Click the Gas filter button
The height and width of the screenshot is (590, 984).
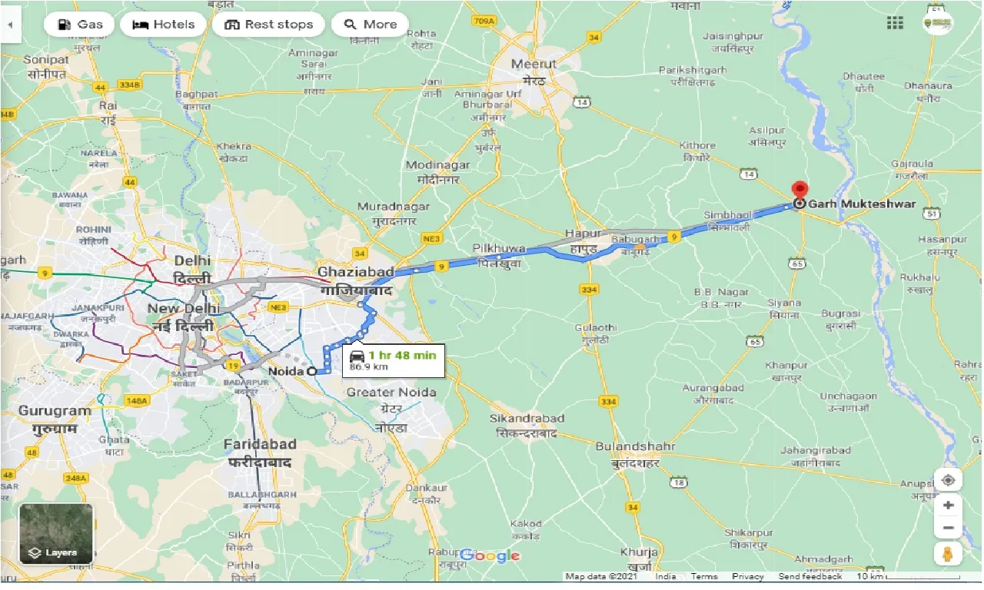coord(79,25)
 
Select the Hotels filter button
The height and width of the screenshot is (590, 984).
coord(163,25)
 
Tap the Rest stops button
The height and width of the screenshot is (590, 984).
coord(268,25)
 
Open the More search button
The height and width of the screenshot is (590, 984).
coord(370,25)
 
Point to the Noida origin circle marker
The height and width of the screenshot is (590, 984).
coord(311,371)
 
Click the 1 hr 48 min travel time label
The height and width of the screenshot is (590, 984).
coord(401,355)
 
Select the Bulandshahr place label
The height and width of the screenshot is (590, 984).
coord(636,446)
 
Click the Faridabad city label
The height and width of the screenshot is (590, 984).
coord(260,444)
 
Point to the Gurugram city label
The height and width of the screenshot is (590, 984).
coord(55,411)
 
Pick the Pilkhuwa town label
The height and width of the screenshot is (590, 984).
coord(499,248)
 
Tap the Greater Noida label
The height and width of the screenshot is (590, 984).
coord(391,393)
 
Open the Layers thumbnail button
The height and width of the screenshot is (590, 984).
coord(56,533)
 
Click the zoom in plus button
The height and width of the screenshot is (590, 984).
coord(948,505)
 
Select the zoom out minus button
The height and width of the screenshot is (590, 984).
coord(948,529)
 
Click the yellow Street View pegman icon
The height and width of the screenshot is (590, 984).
coord(948,554)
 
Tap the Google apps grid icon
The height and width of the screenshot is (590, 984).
coord(895,23)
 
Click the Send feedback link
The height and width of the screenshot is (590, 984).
coord(809,576)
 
